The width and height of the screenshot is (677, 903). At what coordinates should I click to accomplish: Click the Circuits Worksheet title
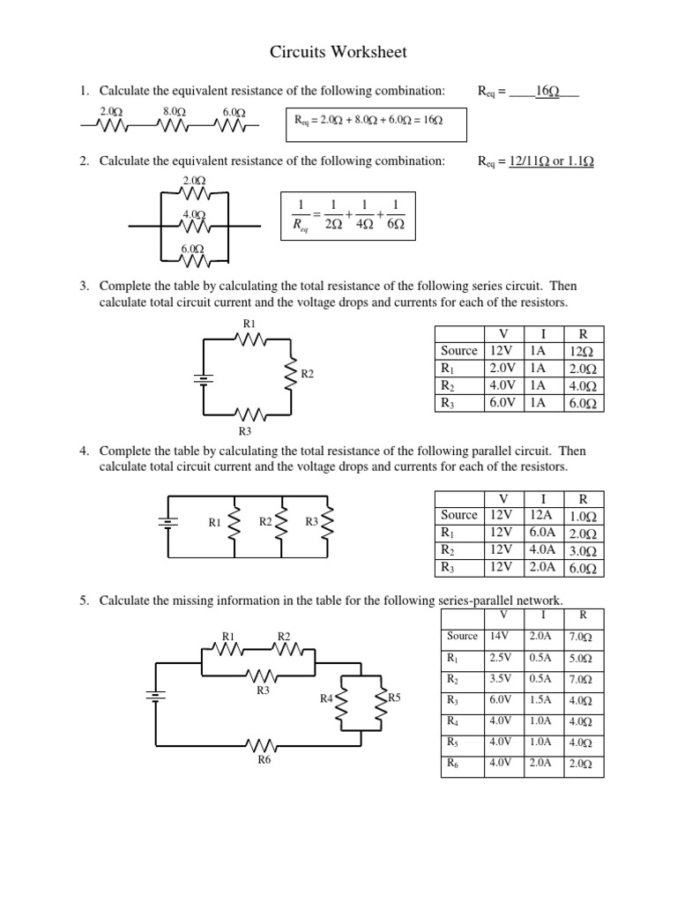[338, 53]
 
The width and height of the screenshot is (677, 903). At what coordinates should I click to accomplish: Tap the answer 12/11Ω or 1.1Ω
[551, 161]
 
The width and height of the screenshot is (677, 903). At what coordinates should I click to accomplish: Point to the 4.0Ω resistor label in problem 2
[194, 214]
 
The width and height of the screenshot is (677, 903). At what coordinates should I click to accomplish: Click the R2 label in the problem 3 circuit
[308, 375]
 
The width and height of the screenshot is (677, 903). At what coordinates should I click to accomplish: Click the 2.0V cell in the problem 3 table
[504, 369]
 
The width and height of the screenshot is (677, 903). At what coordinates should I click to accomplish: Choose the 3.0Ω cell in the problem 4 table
[583, 551]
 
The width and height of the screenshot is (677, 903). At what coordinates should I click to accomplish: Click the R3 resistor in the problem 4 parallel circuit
[328, 525]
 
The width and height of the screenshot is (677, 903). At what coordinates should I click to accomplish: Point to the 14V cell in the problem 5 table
[501, 636]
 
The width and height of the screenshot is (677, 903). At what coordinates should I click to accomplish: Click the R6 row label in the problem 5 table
[453, 764]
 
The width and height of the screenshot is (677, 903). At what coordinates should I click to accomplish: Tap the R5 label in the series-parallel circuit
[394, 698]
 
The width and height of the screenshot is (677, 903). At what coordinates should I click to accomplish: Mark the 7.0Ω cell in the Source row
[580, 637]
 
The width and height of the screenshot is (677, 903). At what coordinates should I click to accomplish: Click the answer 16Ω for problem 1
[548, 91]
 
